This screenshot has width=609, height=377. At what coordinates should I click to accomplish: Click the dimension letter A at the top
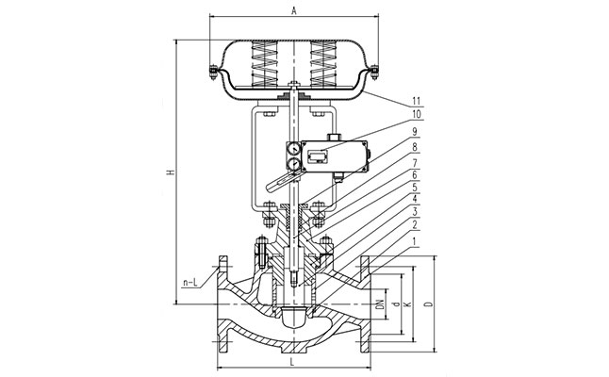pyautogui.click(x=295, y=10)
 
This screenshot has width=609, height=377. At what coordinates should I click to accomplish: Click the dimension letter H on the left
pyautogui.click(x=169, y=172)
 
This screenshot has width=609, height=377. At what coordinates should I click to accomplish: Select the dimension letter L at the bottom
pyautogui.click(x=295, y=363)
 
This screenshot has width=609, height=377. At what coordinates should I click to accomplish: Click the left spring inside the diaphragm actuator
pyautogui.click(x=260, y=68)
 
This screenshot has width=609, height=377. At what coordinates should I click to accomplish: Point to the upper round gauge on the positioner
pyautogui.click(x=292, y=148)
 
